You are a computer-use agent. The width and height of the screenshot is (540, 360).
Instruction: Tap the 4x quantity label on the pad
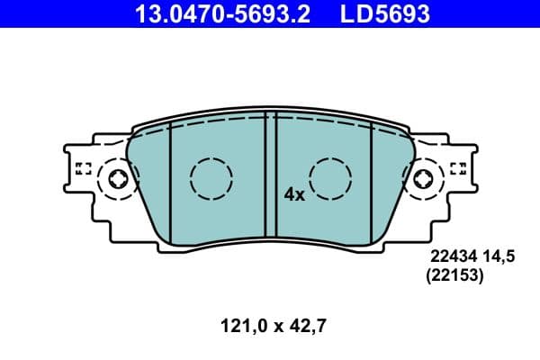click(x=294, y=193)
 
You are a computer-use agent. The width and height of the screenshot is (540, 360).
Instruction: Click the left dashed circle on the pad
click(x=211, y=177)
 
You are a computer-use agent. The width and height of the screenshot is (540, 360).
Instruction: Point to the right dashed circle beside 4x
click(x=330, y=177)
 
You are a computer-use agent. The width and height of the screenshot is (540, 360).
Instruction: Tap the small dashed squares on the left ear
click(x=84, y=167)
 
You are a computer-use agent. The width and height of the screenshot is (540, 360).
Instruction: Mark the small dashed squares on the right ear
click(x=457, y=167)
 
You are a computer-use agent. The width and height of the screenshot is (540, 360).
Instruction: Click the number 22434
click(x=451, y=257)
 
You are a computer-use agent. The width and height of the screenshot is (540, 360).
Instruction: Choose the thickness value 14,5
click(x=498, y=257)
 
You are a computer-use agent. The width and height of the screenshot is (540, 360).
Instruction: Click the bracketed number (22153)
click(x=454, y=277)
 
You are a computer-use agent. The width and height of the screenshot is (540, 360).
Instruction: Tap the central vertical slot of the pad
click(x=270, y=176)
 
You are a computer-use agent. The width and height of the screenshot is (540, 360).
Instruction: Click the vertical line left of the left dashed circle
click(x=168, y=175)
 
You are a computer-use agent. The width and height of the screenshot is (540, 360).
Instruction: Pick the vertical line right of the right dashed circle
click(x=372, y=175)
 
